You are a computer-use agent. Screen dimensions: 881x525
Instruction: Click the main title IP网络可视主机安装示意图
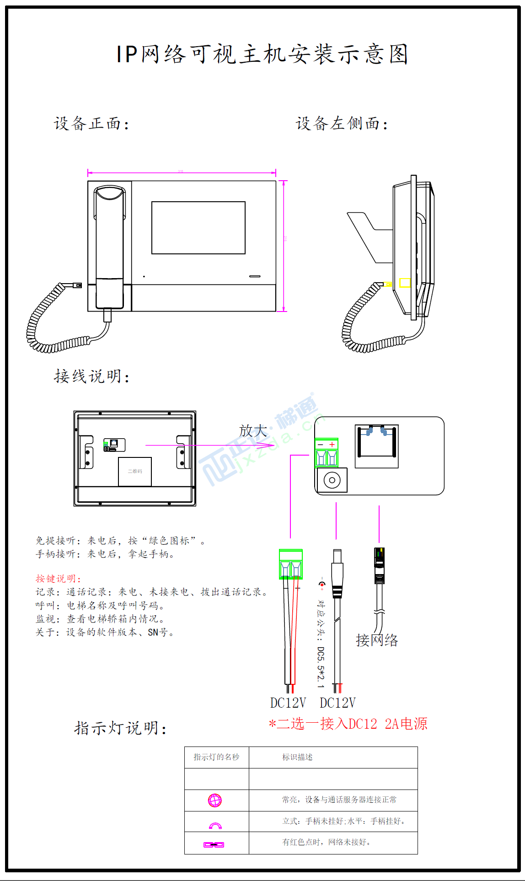pos(262,54)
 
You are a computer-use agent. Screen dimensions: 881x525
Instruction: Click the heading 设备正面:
pos(91,124)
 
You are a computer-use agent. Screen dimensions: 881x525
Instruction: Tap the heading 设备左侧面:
pos(342,124)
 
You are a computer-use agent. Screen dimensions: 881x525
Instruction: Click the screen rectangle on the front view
pos(198,228)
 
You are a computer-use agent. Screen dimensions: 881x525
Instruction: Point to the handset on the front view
pos(109,247)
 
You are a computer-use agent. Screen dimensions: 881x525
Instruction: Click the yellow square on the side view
pos(405,283)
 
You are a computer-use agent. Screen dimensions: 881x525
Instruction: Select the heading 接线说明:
pos(91,376)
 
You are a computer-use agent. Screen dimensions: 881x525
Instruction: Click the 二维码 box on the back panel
pos(134,471)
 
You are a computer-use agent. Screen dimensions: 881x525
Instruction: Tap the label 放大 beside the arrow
pos(253,430)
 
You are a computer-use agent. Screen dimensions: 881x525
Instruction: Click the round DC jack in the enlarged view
pos(332,480)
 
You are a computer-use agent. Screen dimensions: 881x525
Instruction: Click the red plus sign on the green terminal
pos(332,445)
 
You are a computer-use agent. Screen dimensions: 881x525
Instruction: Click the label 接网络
pos(377,640)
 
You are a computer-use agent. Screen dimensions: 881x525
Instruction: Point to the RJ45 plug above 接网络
pos(380,565)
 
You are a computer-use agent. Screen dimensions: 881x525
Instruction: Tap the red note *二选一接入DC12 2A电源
pos(348,724)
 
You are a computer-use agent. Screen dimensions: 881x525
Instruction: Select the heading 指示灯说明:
pos(120,728)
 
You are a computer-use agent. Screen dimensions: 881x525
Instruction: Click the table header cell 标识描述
pos(297,757)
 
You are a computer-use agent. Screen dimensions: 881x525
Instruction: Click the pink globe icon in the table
pos(215,800)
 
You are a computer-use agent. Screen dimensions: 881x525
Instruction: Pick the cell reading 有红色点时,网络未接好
pos(326,842)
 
